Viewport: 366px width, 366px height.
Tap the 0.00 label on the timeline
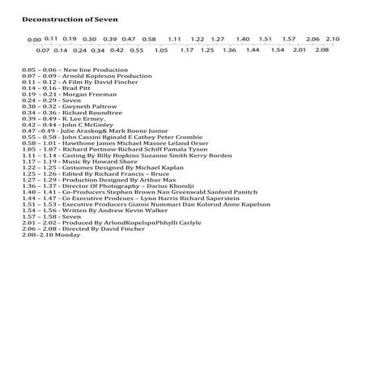point(34,40)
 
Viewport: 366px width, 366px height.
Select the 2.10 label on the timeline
point(332,39)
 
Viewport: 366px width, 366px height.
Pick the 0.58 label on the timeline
point(149,39)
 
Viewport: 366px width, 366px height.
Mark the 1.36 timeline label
point(229,50)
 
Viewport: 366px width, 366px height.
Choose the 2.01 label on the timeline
point(298,50)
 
